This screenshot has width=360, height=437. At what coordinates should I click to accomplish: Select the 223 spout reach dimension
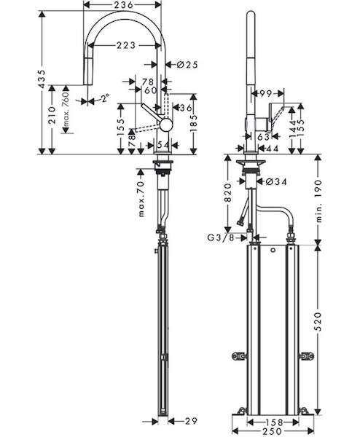126,45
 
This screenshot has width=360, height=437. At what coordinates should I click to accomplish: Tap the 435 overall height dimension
42,79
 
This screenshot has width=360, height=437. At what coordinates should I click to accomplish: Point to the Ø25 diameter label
187,65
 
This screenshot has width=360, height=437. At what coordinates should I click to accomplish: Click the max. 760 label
66,110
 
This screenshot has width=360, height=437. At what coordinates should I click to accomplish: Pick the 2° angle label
105,98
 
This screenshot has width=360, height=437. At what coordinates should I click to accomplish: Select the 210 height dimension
52,114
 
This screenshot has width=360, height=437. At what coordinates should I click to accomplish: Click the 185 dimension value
193,123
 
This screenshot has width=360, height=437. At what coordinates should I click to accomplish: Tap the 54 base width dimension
163,145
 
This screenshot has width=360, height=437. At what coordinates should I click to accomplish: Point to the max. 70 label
141,199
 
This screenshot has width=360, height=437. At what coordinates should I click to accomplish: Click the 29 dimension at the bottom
191,420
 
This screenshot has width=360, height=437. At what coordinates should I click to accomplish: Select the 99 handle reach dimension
265,94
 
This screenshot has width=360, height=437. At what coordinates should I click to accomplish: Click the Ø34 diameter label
276,181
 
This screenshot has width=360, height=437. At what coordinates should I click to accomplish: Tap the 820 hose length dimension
228,192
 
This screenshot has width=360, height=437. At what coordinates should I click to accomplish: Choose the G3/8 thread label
221,237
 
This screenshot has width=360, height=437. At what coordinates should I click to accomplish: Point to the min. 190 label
318,201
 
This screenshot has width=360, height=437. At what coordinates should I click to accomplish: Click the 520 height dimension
318,322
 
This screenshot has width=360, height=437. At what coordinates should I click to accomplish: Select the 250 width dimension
272,431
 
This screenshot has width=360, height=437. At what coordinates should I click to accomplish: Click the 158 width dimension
273,422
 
